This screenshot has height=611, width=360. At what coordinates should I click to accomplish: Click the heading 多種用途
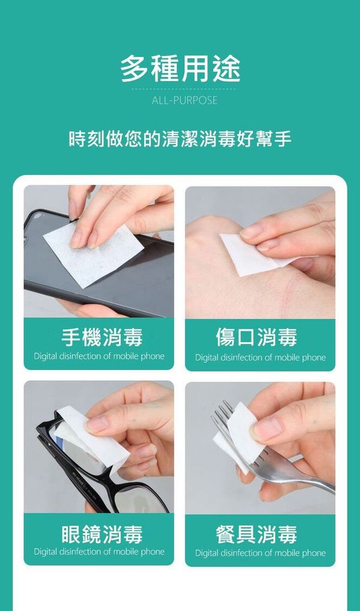[x=180, y=69]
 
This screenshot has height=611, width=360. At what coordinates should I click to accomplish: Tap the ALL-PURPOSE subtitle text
[x=184, y=100]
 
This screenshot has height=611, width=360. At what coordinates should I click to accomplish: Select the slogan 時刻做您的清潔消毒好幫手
[x=180, y=139]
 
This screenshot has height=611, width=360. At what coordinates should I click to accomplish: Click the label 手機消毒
[x=102, y=337]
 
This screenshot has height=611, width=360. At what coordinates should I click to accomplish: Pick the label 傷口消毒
[x=256, y=337]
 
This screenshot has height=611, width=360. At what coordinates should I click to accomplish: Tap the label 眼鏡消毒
[x=102, y=534]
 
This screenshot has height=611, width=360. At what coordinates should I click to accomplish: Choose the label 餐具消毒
[x=256, y=534]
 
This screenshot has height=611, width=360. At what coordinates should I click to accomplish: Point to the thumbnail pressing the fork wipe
[x=267, y=429]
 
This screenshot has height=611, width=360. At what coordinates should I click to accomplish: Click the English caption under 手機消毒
[x=99, y=356]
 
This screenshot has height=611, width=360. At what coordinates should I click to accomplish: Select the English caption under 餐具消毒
[x=260, y=553]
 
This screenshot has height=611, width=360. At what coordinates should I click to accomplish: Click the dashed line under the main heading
[x=184, y=89]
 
